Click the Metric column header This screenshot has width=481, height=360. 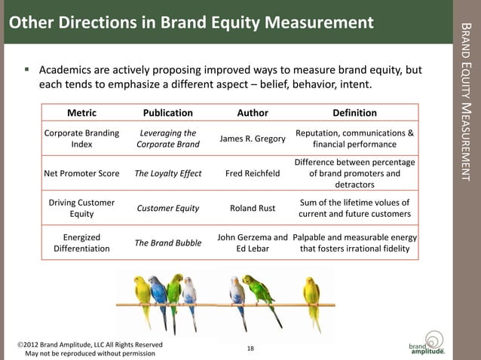coord(81,113)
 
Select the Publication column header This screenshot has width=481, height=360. coord(167,113)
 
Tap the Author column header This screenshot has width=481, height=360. coord(253,113)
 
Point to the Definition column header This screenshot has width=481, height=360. coord(354,113)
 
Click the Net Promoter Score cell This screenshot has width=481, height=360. coord(81,173)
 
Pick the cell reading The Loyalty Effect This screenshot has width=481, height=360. coord(167,173)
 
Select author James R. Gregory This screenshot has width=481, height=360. coord(253,139)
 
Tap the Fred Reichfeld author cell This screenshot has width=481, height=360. coord(253,173)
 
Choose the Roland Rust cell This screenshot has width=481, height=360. coord(253,209)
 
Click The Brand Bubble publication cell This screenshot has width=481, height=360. coord(167,243)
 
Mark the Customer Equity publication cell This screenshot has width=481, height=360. coord(167,209)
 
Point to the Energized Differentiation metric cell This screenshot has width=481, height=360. coord(81,243)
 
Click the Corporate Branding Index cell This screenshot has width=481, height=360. coord(81,139)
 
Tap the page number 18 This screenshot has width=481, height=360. coord(250,348)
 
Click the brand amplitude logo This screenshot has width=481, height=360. coord(427,343)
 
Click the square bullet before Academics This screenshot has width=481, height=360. coord(27,70)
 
